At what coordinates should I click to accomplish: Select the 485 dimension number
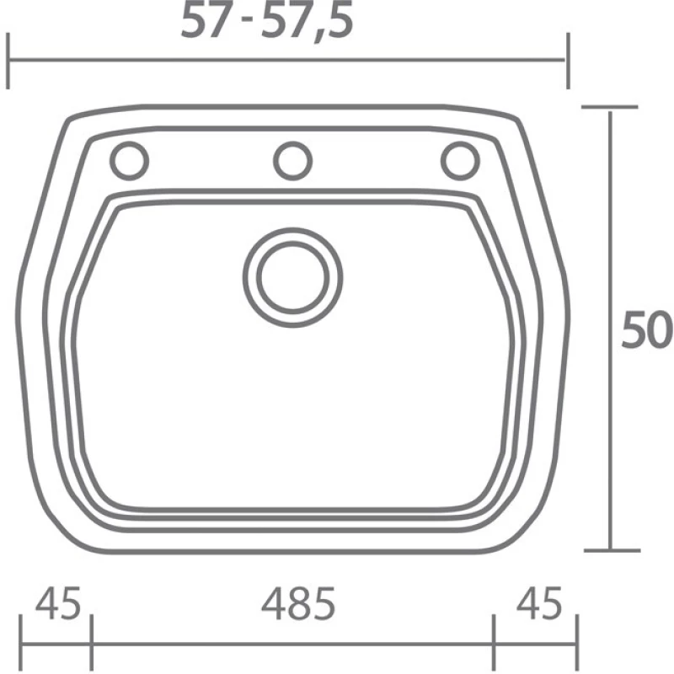[x=298, y=603]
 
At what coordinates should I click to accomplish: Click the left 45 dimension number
[x=58, y=602]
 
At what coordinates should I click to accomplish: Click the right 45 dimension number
[x=539, y=602]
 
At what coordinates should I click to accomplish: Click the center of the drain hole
[x=292, y=278]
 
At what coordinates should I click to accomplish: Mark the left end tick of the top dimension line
[x=8, y=61]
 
